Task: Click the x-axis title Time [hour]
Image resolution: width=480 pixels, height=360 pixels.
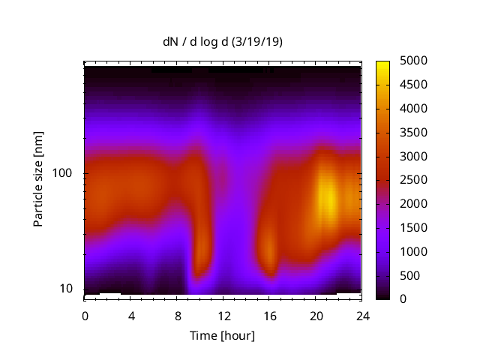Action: (x=222, y=335)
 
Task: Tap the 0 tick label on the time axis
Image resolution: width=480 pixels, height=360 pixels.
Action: (x=85, y=316)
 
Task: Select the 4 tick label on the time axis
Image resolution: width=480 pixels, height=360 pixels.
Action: (x=131, y=316)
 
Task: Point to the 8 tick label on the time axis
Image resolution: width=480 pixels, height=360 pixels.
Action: (x=177, y=316)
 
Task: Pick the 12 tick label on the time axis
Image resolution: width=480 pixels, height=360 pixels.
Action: (x=223, y=316)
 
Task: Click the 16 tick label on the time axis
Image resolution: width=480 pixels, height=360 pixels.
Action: (x=269, y=316)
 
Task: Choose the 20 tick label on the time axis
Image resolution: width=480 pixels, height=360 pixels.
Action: (x=316, y=316)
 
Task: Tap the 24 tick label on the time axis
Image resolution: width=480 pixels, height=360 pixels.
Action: (x=361, y=316)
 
